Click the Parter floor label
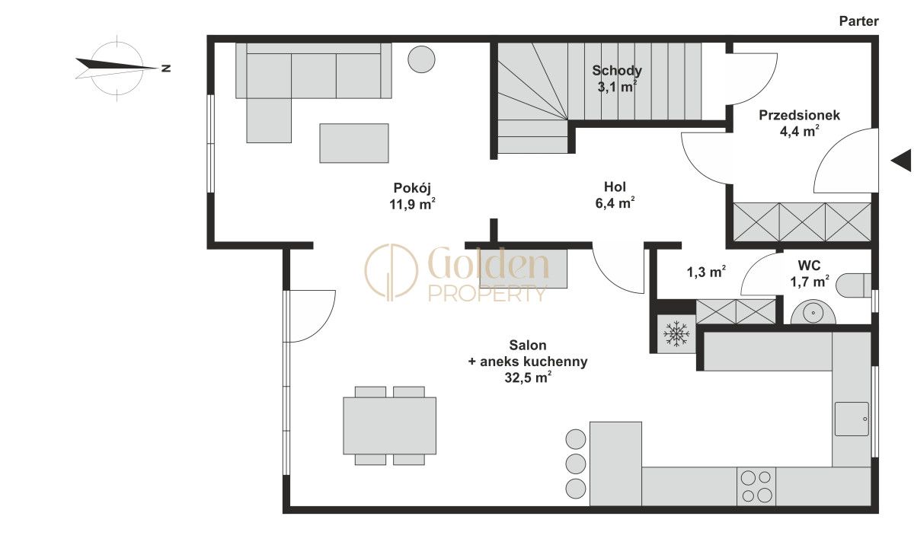858,21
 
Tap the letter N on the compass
166,68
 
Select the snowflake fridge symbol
676,334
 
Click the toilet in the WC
853,285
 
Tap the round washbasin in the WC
813,313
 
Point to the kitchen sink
852,419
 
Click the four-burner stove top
756,486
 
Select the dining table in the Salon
390,425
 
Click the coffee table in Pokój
354,143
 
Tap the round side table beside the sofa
421,59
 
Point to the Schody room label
617,71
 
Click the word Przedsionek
799,115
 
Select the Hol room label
615,186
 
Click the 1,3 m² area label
706,272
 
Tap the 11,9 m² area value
412,204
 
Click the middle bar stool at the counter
576,464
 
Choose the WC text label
809,266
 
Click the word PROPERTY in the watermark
487,294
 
